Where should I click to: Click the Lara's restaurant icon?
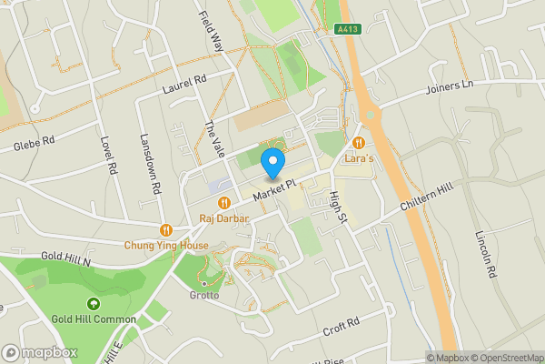pos(360,143)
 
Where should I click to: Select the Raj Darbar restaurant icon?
pos(223,204)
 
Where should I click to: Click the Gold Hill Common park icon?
pos(93,304)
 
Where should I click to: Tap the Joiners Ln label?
pos(451,88)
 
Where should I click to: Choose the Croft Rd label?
pos(342,326)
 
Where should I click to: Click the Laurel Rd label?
pos(185,86)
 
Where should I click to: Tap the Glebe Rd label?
pos(35,144)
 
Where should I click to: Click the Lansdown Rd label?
pos(150,165)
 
